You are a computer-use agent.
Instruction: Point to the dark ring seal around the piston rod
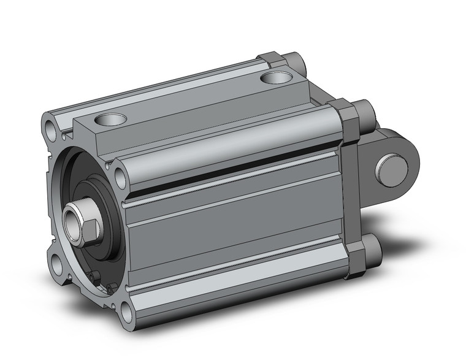[98, 212]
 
